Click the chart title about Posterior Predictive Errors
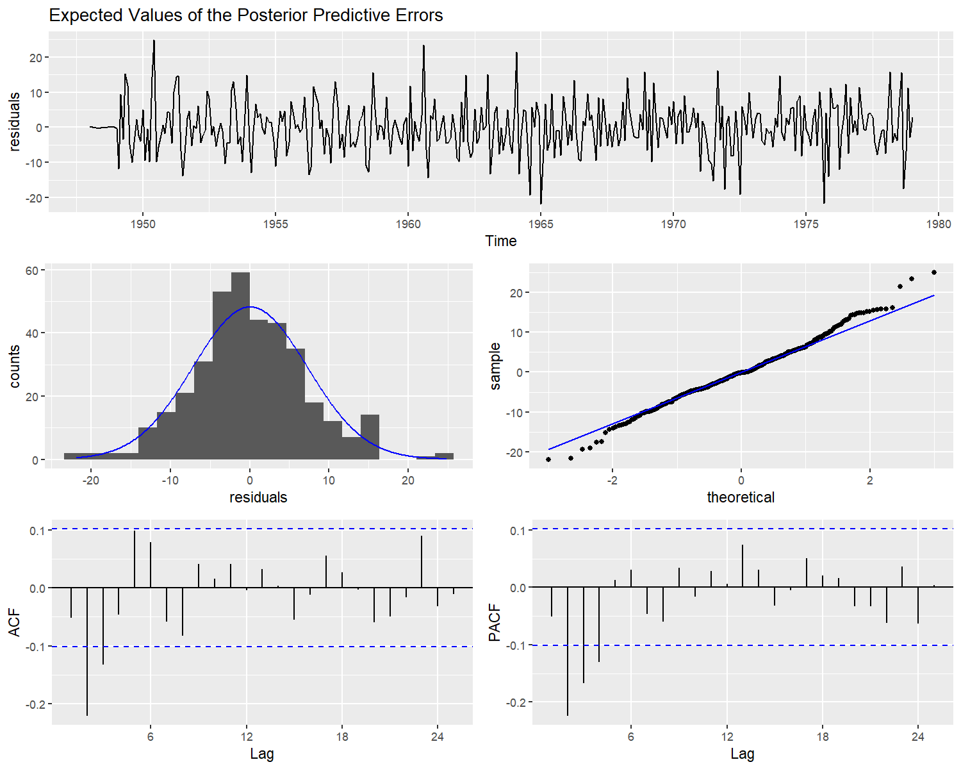[246, 15]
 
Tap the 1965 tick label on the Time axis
[541, 224]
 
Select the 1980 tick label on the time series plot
[939, 224]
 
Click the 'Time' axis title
[500, 241]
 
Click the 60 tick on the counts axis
[31, 270]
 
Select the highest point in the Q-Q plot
[934, 272]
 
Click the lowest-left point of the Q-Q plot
[548, 459]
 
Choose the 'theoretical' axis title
[741, 497]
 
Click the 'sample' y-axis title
[495, 366]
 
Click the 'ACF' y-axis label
[14, 623]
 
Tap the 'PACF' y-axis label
[494, 623]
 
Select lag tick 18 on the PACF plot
[823, 737]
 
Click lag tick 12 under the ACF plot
[247, 737]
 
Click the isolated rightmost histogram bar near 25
[444, 456]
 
